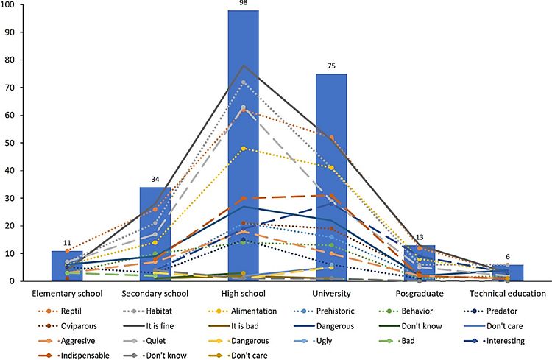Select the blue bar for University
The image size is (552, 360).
click(x=331, y=177)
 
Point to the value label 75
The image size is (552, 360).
click(x=331, y=67)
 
